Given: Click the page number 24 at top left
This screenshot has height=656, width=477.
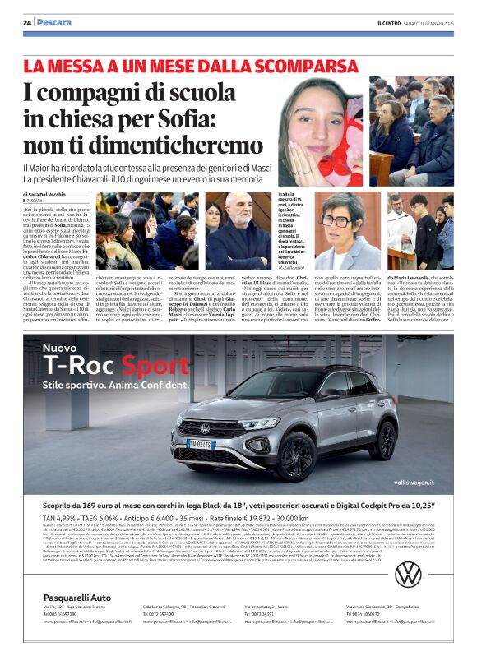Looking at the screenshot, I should tap(27, 22).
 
